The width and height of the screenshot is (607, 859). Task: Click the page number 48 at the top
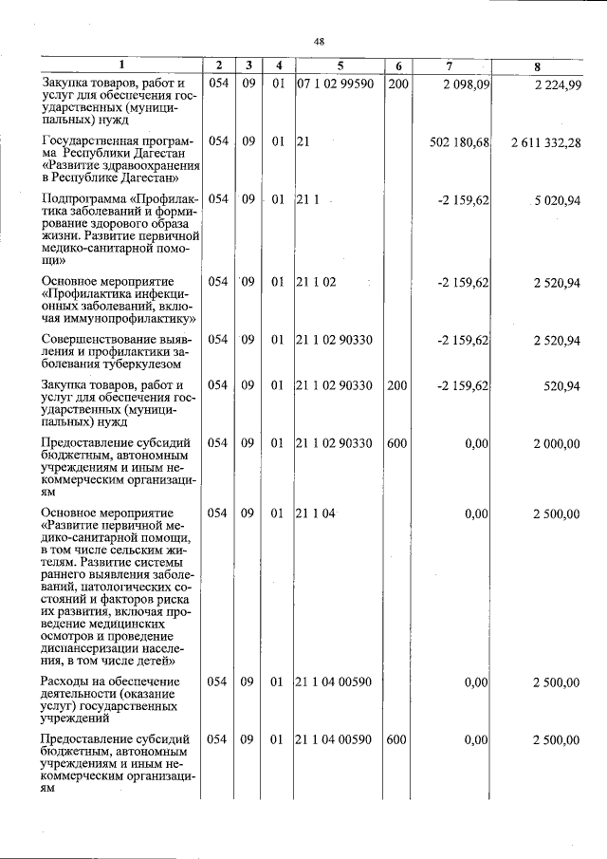319,42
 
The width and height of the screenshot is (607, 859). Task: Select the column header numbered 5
339,65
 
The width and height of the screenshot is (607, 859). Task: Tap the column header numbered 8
537,65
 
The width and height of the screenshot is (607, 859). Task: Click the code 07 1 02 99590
336,84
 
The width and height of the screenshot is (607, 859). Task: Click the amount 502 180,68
459,141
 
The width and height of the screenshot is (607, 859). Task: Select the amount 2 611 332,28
545,141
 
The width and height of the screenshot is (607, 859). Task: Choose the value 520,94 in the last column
562,385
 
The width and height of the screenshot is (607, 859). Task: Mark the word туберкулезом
141,364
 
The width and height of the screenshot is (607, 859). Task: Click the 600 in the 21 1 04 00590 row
397,739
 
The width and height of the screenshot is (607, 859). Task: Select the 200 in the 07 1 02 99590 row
397,84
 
